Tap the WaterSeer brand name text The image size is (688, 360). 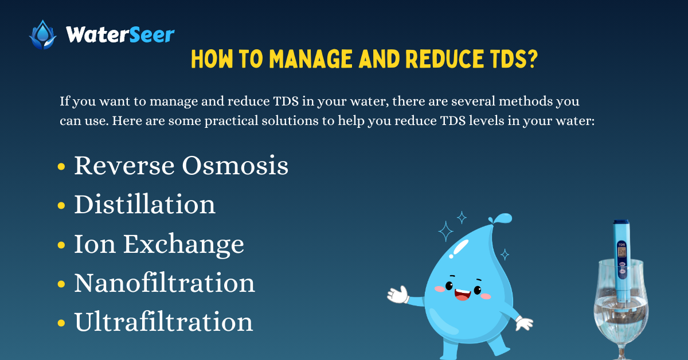120,34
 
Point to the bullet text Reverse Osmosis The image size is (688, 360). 181,166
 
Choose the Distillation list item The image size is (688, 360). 144,205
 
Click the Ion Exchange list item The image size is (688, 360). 159,244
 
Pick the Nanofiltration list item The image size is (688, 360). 165,283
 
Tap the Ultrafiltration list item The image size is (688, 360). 163,322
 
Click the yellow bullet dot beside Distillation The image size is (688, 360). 61,206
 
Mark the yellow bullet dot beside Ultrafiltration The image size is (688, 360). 61,323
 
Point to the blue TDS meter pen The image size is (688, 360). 621,252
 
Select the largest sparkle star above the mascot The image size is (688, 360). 446,232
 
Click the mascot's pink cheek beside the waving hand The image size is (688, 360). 440,288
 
